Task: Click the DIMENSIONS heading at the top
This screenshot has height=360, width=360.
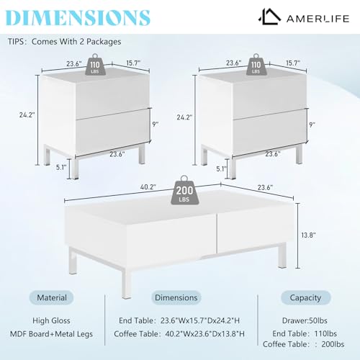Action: click(78, 17)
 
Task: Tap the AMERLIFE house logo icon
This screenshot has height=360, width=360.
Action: click(269, 17)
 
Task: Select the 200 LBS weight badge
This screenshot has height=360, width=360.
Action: click(184, 190)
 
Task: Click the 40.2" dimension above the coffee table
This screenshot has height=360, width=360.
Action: click(148, 187)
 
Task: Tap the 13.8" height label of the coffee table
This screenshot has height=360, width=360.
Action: click(308, 235)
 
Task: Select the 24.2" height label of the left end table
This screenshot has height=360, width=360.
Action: click(27, 114)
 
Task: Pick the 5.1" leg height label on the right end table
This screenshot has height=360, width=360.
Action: click(221, 168)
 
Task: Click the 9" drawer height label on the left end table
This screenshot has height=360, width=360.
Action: click(156, 125)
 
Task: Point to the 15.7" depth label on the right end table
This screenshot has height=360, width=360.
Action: click(293, 63)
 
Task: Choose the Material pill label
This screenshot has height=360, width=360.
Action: click(52, 297)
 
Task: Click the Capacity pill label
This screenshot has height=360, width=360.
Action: click(305, 297)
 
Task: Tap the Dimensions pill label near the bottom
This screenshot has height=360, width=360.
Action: click(176, 297)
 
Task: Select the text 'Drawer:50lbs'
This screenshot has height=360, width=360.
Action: click(305, 320)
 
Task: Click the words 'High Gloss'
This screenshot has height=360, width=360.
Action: click(51, 320)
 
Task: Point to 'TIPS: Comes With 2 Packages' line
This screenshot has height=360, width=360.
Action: click(64, 42)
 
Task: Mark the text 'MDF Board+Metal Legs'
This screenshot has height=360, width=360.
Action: click(51, 334)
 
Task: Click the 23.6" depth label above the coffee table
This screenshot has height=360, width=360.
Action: click(265, 187)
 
